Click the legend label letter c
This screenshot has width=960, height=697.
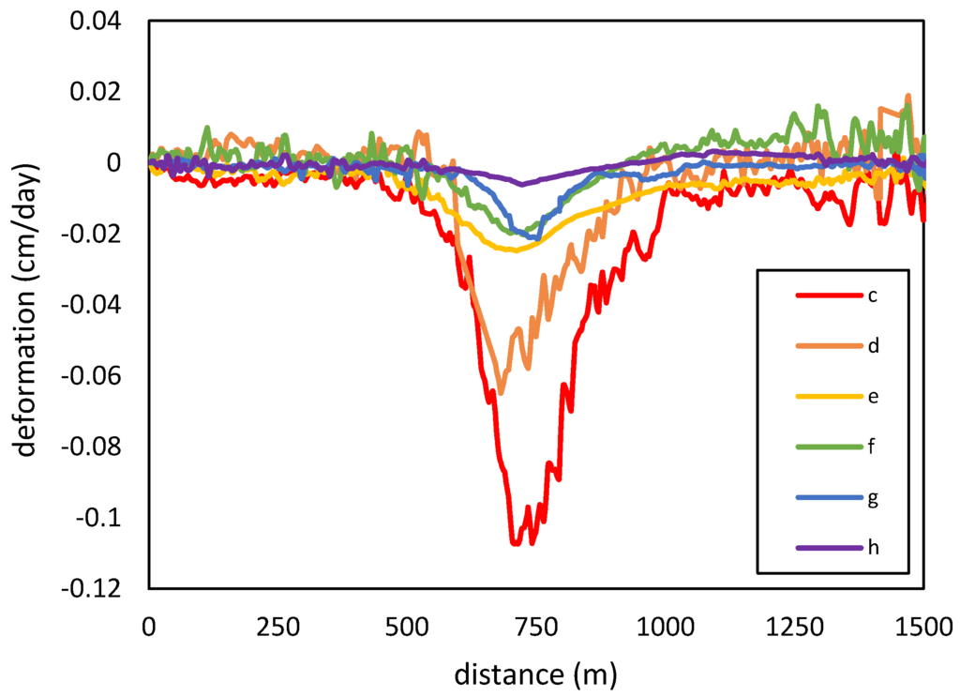click(x=871, y=296)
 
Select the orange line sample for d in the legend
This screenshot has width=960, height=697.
click(x=829, y=346)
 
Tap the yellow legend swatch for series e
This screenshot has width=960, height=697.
click(x=829, y=397)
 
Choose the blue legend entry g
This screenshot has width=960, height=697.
click(x=829, y=497)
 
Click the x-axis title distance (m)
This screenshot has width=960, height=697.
click(x=536, y=674)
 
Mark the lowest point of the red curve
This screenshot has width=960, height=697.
click(x=515, y=543)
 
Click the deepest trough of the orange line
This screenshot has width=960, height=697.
click(x=501, y=393)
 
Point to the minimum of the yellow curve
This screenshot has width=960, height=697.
click(x=515, y=250)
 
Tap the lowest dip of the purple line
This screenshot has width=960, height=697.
click(x=522, y=185)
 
